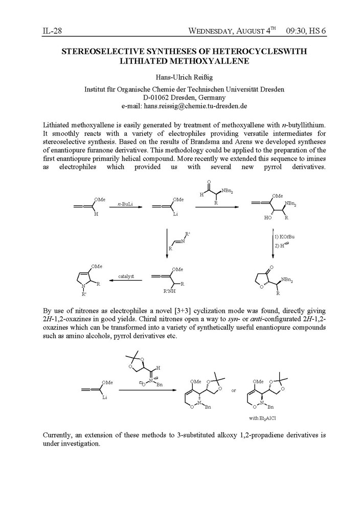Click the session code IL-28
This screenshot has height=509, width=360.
(x=51, y=31)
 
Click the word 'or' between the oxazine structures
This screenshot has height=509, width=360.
(x=234, y=391)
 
